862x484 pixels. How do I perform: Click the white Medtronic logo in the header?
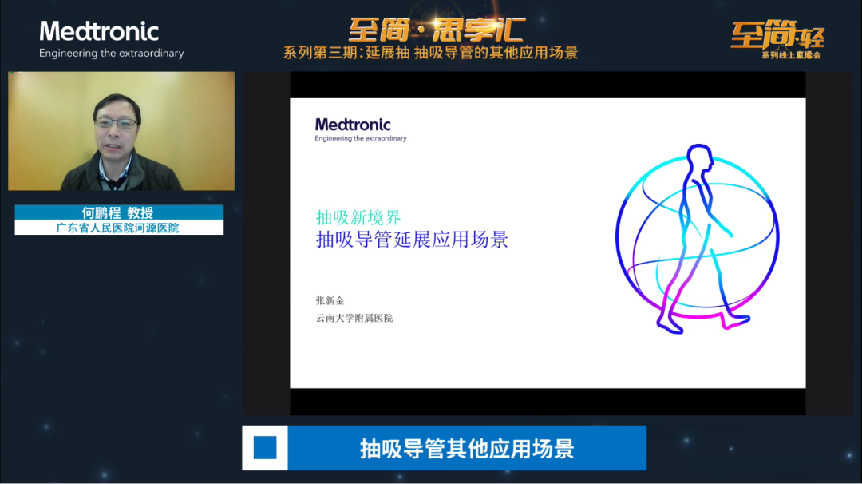99,31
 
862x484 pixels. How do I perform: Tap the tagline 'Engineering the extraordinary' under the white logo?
111,54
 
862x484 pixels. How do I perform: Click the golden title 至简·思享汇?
437,30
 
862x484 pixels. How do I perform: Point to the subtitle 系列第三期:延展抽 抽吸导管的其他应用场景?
430,53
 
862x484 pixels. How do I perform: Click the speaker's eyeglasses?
116,123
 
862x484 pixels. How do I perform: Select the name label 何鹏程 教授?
117,213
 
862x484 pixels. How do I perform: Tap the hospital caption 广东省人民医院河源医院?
117,228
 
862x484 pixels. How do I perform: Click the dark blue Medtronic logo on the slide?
353,125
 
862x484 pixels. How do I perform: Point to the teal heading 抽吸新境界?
358,218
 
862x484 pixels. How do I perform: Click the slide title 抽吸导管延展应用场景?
412,240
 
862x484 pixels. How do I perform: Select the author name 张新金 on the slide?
330,300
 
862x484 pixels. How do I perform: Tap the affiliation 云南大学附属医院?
354,318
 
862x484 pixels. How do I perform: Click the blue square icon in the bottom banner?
265,448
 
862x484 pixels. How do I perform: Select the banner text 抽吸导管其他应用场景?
467,449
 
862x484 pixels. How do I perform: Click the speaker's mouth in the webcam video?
114,146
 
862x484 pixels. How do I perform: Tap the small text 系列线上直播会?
791,55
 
